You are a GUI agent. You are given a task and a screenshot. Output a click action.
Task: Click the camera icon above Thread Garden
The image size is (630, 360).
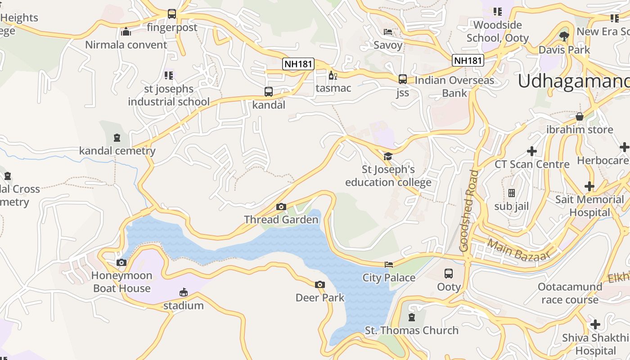click(281, 207)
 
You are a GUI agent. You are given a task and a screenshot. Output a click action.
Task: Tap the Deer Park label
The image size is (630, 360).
click(320, 297)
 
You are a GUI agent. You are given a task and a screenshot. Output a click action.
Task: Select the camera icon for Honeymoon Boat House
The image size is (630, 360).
click(121, 262)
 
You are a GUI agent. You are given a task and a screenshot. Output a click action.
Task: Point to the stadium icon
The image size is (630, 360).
click(183, 292)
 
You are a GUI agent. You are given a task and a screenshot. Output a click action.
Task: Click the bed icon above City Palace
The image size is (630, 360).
click(389, 265)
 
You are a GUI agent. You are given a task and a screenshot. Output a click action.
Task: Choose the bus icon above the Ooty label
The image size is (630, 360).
click(449, 273)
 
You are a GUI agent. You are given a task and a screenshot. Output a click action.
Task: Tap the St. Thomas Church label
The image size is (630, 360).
click(411, 330)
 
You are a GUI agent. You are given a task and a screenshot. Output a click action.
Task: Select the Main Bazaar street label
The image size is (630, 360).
click(519, 250)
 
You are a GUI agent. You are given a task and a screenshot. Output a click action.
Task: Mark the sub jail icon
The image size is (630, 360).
click(512, 193)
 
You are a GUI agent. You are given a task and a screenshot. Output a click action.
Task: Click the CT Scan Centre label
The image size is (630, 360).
click(532, 164)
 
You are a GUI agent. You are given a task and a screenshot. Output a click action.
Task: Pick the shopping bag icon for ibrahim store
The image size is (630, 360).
click(580, 117)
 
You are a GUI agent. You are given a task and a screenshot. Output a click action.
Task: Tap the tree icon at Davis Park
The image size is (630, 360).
click(564, 36)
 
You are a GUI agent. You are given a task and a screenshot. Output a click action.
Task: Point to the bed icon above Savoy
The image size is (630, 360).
click(388, 32)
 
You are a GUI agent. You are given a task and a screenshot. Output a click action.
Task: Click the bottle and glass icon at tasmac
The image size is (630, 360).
click(333, 75)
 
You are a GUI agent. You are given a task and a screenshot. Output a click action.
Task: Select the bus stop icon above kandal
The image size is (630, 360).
click(269, 92)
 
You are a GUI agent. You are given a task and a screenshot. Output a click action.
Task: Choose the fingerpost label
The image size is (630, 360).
click(172, 27)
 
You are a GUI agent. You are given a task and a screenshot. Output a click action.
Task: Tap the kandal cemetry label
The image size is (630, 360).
click(117, 151)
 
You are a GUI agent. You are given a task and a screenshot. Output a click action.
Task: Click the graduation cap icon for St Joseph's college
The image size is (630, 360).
click(388, 156)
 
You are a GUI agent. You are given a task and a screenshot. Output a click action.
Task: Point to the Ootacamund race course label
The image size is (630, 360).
click(570, 293)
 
